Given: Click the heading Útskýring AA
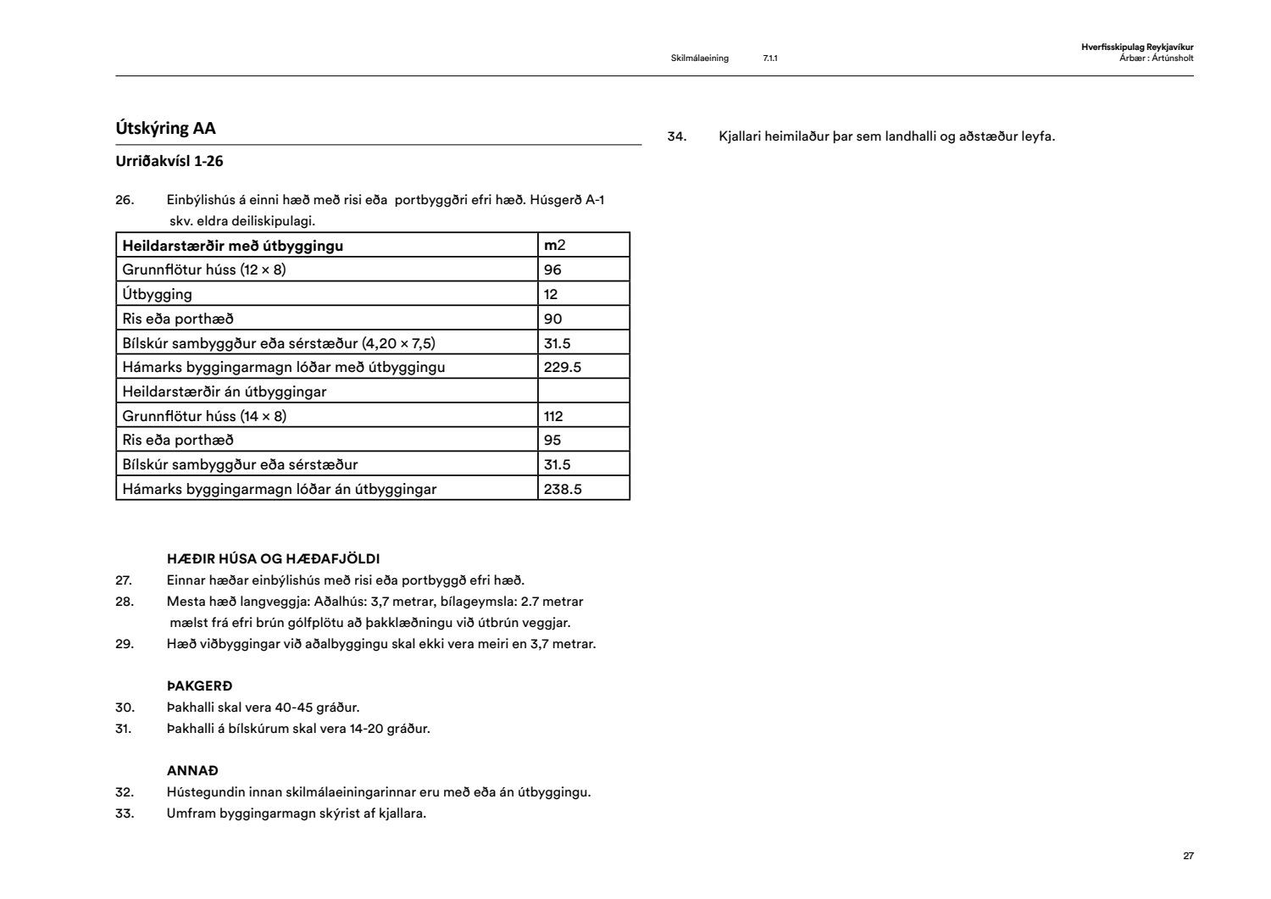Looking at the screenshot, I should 166,129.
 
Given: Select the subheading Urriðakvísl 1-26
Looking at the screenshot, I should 169,161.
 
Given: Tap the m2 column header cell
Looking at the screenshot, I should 555,245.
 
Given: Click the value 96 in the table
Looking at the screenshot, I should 552,269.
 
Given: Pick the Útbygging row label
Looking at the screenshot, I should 158,294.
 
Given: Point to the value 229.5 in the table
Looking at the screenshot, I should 563,367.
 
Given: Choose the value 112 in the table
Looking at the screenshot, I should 553,416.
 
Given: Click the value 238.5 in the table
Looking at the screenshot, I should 563,489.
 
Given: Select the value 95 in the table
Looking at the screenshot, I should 552,440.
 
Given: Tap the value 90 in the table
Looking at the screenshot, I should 552,319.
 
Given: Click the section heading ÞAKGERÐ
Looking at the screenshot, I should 199,686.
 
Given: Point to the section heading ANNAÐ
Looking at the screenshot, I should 192,771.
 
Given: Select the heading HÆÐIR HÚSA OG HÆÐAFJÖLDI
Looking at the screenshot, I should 273,559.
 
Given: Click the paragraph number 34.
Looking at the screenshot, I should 676,136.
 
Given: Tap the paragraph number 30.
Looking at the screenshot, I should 125,708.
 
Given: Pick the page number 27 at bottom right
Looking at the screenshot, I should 1188,856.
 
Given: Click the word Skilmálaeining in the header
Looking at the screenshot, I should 699,58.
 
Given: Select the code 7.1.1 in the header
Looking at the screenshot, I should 770,58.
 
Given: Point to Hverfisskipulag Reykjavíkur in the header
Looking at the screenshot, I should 1137,47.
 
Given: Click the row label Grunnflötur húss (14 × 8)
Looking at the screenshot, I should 204,416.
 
